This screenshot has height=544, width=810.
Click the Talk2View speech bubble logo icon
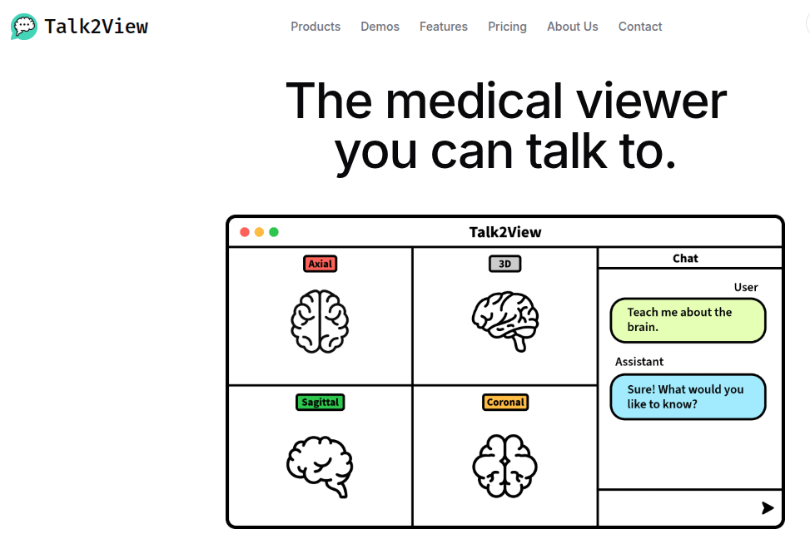(x=24, y=27)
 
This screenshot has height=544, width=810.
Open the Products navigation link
(x=316, y=27)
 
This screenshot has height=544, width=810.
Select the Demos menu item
(x=380, y=27)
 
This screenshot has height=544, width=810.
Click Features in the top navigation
(x=444, y=27)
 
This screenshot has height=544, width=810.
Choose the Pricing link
(x=507, y=27)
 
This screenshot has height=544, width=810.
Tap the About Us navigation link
(x=573, y=27)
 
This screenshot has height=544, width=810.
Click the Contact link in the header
(x=640, y=27)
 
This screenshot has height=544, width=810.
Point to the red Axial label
(x=320, y=264)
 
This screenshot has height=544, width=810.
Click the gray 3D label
(x=504, y=264)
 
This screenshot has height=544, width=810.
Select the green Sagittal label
(x=320, y=402)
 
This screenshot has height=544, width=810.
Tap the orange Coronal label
(x=505, y=402)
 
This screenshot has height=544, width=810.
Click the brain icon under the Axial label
(x=320, y=321)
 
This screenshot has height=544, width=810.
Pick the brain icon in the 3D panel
(x=505, y=321)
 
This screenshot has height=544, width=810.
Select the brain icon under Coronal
(x=505, y=465)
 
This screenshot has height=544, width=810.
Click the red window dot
(x=245, y=232)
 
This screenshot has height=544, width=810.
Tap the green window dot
(x=274, y=232)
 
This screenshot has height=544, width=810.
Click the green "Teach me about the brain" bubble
(x=688, y=320)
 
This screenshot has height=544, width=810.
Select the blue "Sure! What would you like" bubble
(x=688, y=397)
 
